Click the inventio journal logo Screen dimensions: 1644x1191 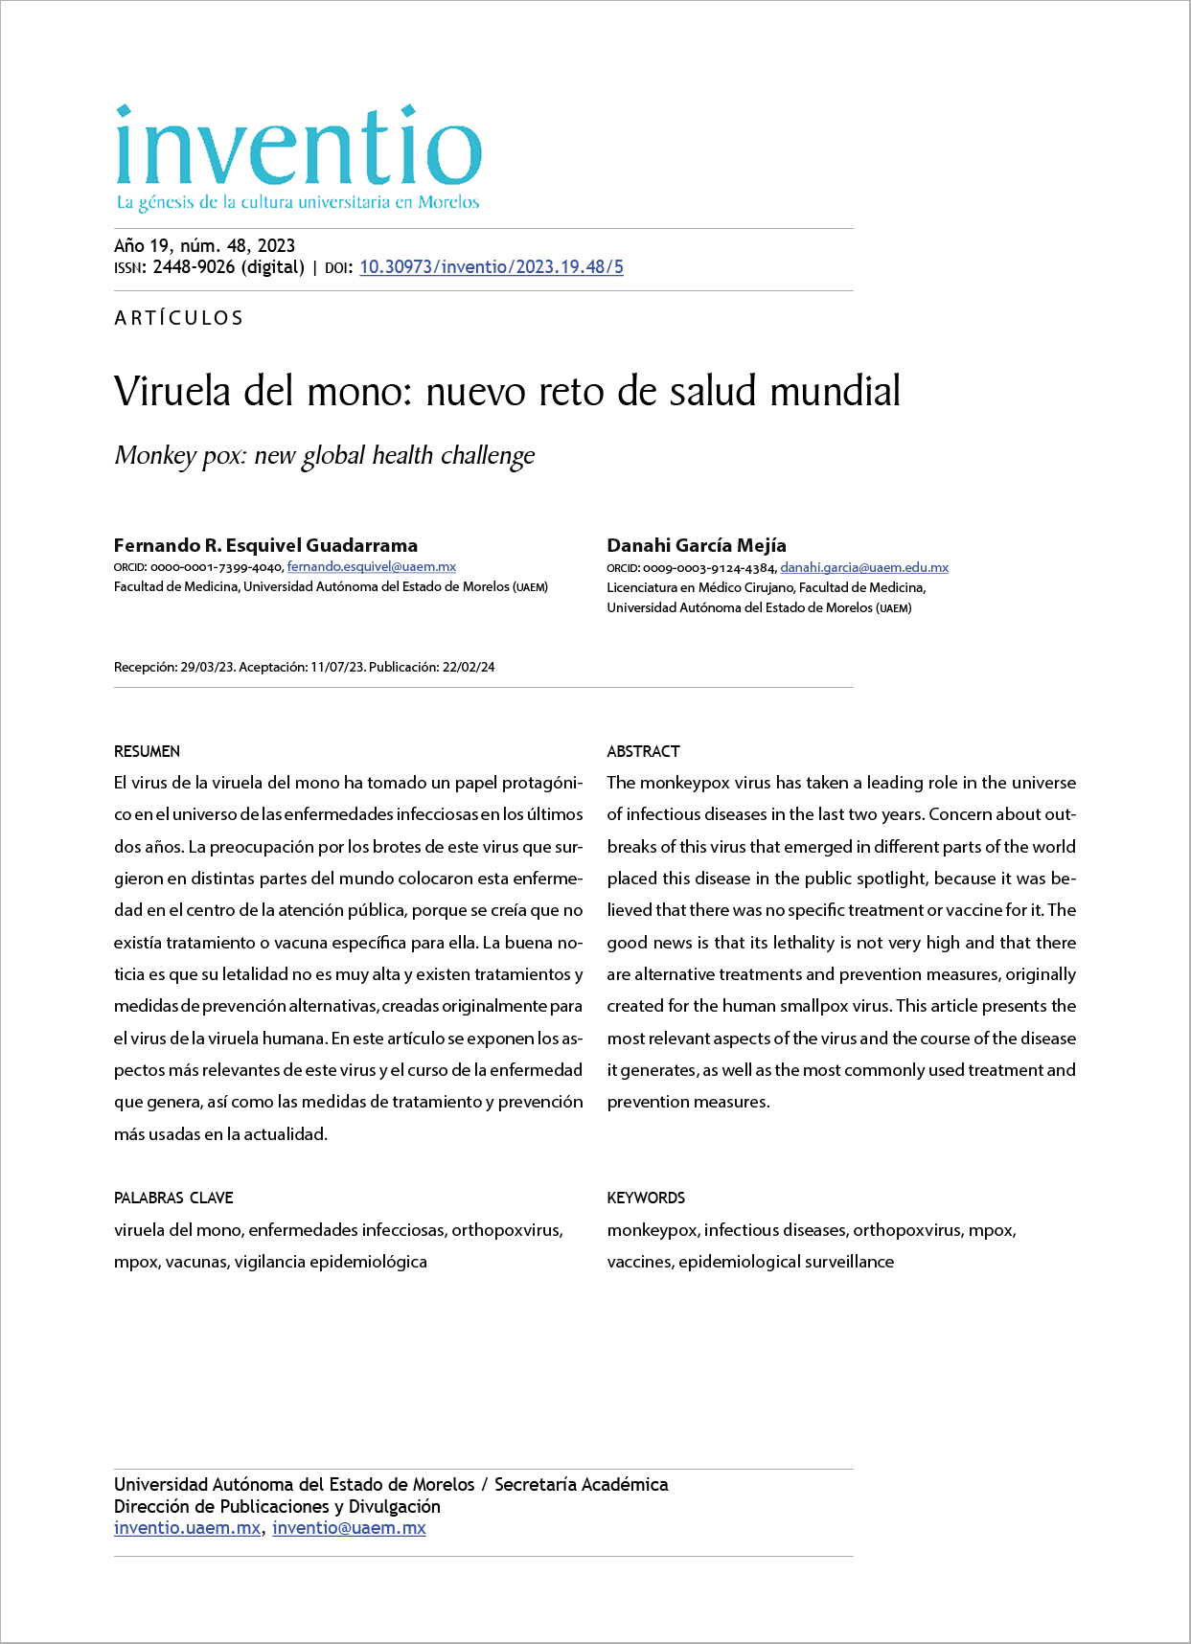point(297,147)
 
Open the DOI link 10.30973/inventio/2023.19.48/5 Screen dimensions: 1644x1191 point(491,267)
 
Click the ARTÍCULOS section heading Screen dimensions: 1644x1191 point(179,318)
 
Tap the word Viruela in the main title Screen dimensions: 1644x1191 point(173,391)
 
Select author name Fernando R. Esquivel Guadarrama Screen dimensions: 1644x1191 point(265,545)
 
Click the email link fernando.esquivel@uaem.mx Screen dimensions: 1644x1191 point(371,567)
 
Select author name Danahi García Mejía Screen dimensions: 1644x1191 point(696,545)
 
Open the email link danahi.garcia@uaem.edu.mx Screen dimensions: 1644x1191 point(863,567)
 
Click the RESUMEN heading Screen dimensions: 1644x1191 point(147,751)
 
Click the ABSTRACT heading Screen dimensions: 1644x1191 point(643,751)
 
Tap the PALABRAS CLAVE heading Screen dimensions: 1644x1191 point(173,1198)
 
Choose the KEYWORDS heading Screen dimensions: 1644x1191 point(646,1198)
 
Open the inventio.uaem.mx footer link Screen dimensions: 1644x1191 point(187,1528)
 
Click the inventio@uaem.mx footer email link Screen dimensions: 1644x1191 point(349,1528)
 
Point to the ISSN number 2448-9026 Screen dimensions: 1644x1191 point(194,267)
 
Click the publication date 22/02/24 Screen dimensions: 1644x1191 point(469,667)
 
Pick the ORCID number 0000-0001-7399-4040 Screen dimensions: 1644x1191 point(216,567)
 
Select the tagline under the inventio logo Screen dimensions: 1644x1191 point(297,202)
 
